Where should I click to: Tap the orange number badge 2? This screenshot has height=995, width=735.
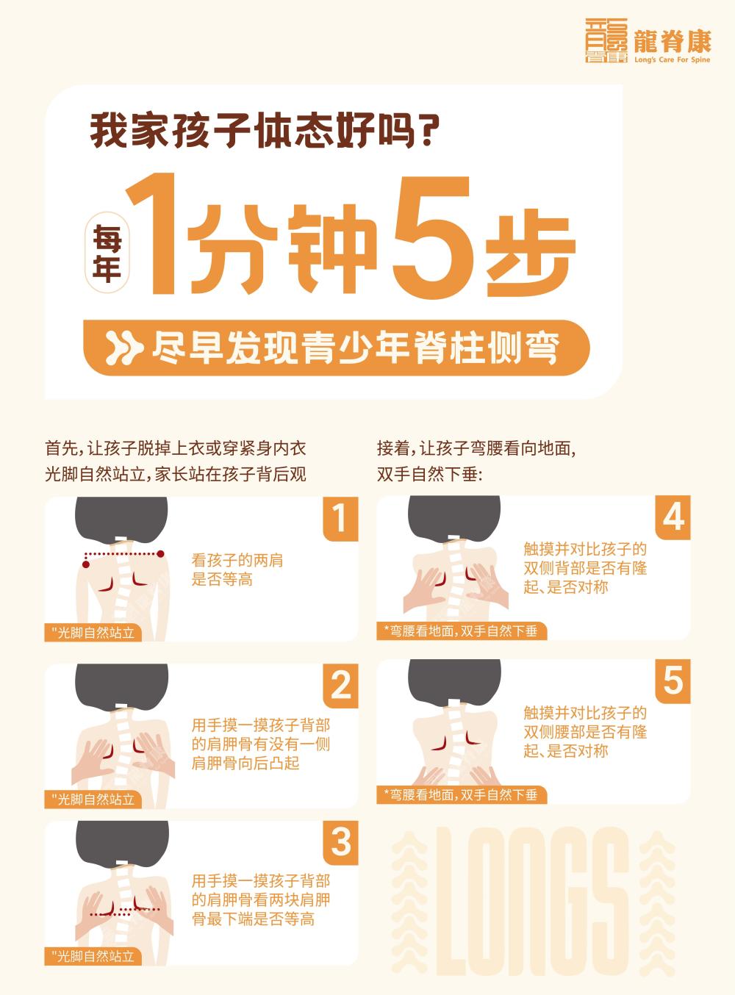pyautogui.click(x=340, y=686)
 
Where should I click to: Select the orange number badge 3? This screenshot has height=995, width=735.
pyautogui.click(x=340, y=842)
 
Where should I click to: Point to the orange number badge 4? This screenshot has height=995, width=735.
pyautogui.click(x=673, y=517)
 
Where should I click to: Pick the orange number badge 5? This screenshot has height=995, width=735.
pyautogui.click(x=673, y=680)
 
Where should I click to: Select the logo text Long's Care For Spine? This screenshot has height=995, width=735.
pyautogui.click(x=672, y=60)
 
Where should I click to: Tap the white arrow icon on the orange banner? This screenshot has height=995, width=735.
pyautogui.click(x=123, y=348)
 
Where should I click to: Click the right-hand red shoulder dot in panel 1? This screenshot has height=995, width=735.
pyautogui.click(x=161, y=553)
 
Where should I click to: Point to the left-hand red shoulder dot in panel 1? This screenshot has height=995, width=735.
pyautogui.click(x=86, y=564)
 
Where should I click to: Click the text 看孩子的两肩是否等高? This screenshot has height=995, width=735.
pyautogui.click(x=237, y=570)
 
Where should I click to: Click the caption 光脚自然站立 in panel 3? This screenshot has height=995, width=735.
pyautogui.click(x=93, y=956)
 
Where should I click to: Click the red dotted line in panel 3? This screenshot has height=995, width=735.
pyautogui.click(x=125, y=912)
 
